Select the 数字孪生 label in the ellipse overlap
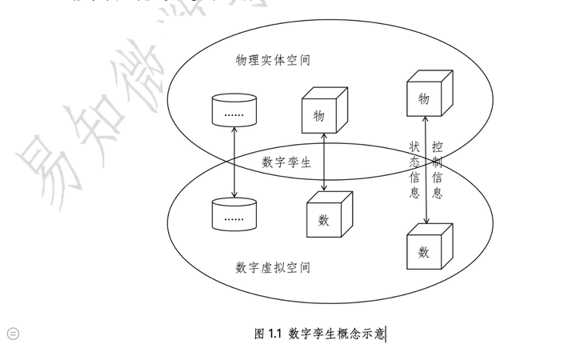286,162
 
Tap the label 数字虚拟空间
273,267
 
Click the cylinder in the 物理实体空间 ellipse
234,110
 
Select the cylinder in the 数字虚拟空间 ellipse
234,212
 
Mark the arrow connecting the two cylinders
234,160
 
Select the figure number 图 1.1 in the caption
269,334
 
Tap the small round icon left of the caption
13,334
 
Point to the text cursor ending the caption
386,334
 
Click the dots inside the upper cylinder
234,114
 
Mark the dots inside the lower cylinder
234,217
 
